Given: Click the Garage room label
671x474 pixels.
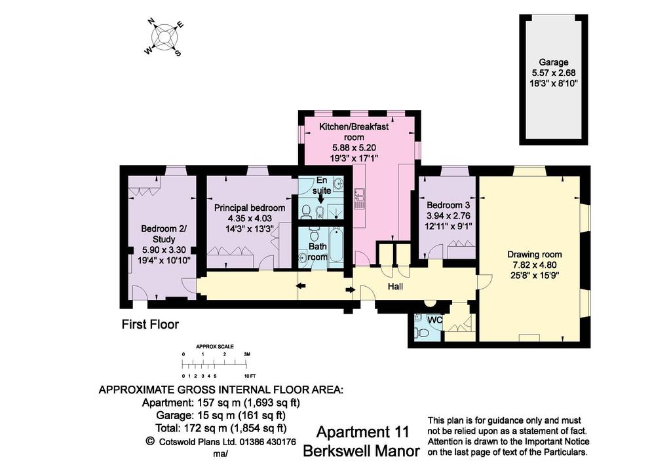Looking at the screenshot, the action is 553,62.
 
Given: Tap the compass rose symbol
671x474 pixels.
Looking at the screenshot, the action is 164,37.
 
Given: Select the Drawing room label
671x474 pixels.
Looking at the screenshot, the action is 535,254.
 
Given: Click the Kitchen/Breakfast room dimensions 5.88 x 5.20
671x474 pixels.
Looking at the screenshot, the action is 354,148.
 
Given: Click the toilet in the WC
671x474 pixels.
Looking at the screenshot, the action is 422,333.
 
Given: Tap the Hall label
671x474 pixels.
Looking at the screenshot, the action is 395,286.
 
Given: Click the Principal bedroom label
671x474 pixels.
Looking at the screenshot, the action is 250,208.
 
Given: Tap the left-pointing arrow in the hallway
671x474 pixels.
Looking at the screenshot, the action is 301,286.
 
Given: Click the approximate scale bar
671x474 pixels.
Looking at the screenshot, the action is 214,364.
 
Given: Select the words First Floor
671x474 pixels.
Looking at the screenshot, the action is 150,325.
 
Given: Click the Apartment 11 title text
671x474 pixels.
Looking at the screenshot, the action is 362,432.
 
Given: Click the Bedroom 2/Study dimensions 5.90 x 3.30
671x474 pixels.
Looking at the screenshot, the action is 164,249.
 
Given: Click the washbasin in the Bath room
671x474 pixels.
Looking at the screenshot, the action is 303,257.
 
